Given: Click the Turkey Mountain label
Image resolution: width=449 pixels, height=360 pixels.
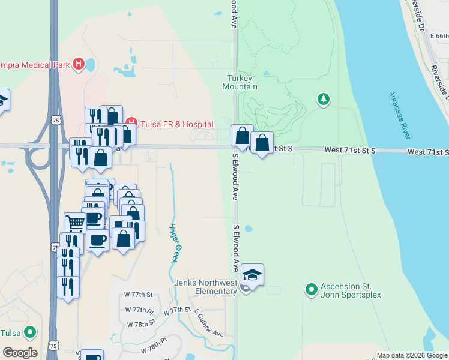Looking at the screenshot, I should tap(242, 82).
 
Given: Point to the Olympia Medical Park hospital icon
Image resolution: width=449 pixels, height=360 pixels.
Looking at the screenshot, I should tap(78, 64).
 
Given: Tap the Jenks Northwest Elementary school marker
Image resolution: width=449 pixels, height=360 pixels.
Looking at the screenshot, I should tap(253, 275).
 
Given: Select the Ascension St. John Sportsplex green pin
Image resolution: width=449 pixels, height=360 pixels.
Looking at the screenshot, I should tap(311, 290).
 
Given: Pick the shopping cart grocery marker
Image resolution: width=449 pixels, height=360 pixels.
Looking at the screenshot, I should tap(75, 223).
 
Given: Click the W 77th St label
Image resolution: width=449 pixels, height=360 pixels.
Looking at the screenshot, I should tap(139, 295).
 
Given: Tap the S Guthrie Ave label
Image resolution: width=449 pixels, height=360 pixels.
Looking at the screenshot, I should tap(209, 324).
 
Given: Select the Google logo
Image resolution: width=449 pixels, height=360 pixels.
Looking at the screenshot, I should tap(20, 353).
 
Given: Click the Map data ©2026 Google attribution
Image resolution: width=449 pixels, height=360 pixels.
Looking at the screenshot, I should tap(412, 355).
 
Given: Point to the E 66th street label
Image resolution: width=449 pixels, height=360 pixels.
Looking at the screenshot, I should tap(439, 37).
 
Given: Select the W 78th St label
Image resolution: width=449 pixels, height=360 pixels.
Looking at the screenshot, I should tap(142, 323).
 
